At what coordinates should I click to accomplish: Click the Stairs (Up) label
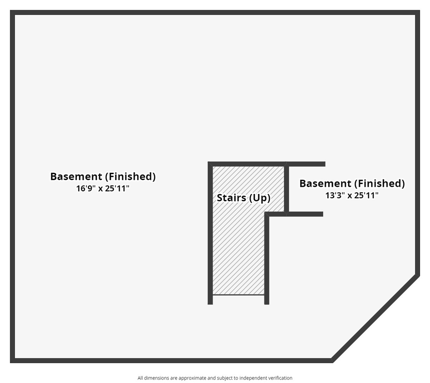[243, 198]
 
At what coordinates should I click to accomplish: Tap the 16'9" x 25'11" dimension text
[103, 188]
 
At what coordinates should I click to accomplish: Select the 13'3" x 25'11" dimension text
[352, 195]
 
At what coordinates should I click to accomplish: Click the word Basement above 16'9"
[76, 176]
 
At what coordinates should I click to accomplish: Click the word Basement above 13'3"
[325, 183]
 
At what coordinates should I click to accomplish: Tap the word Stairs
[231, 198]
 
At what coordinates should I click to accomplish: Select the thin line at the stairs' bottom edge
[238, 295]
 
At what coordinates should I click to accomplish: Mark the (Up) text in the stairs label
[260, 198]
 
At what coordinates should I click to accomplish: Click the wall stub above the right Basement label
[306, 164]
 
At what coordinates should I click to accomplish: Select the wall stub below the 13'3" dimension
[305, 214]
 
